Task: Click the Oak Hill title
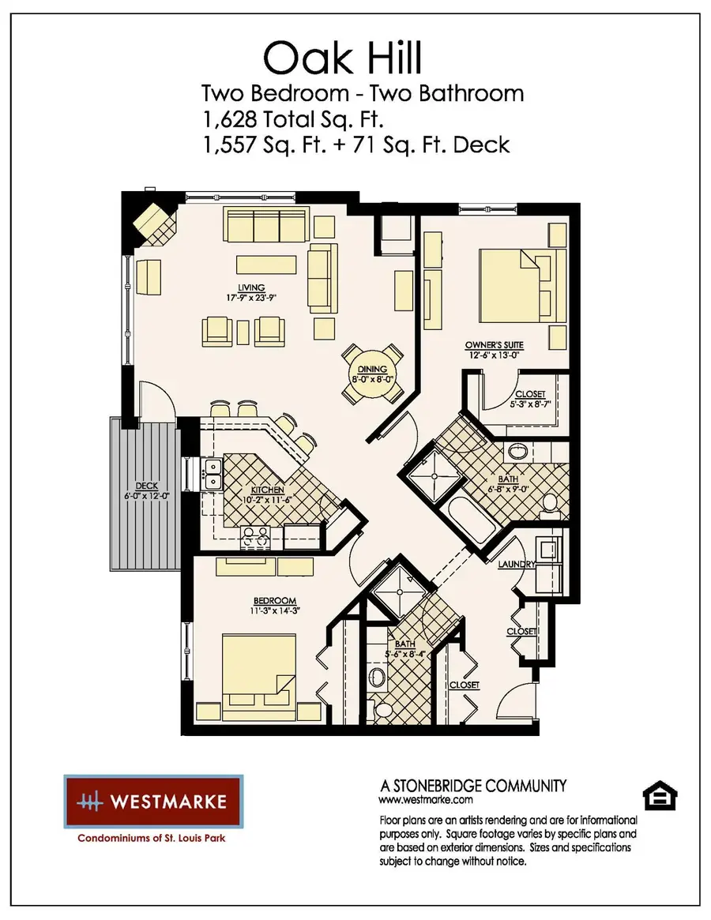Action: [343, 58]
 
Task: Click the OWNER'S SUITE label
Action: [495, 345]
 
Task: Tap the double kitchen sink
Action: [211, 474]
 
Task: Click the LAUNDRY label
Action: [517, 565]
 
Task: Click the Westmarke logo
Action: [153, 801]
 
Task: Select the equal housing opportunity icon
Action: [656, 796]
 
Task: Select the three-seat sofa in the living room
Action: [265, 226]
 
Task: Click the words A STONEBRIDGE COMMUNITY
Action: [473, 785]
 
